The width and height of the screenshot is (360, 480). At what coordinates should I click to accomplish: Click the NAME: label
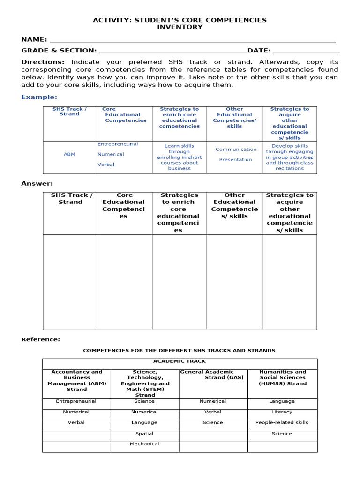point(34,39)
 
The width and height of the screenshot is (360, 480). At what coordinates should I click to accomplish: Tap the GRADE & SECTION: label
point(59,51)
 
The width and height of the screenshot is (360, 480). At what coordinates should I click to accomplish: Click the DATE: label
point(259,51)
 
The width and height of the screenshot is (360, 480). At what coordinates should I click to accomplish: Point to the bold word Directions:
point(43,62)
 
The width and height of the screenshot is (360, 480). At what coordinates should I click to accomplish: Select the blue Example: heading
point(39,97)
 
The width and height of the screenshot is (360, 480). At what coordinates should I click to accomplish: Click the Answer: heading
point(37,184)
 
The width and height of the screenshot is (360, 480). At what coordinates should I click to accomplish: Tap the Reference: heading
point(40,339)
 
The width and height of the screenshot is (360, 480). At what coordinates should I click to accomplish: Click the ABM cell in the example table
point(69,154)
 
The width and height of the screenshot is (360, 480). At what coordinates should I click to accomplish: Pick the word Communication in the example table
point(236,150)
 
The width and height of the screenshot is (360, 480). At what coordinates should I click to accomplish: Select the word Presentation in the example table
point(235,160)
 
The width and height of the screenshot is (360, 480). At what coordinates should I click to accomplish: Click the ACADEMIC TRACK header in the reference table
point(180,361)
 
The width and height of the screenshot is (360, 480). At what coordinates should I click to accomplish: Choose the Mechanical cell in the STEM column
point(144,444)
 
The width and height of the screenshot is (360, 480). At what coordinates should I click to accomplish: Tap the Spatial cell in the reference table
point(144,434)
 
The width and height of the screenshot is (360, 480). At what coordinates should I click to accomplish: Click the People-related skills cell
point(282,423)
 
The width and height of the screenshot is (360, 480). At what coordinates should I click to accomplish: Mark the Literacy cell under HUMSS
point(282,412)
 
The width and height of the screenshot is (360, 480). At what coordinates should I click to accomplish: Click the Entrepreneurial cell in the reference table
point(76,401)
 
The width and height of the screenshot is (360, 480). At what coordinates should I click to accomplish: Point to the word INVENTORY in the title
point(180,27)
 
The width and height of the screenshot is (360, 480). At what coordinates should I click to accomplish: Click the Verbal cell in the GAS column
point(213,412)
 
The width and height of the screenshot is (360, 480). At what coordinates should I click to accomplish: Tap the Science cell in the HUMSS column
point(282,434)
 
